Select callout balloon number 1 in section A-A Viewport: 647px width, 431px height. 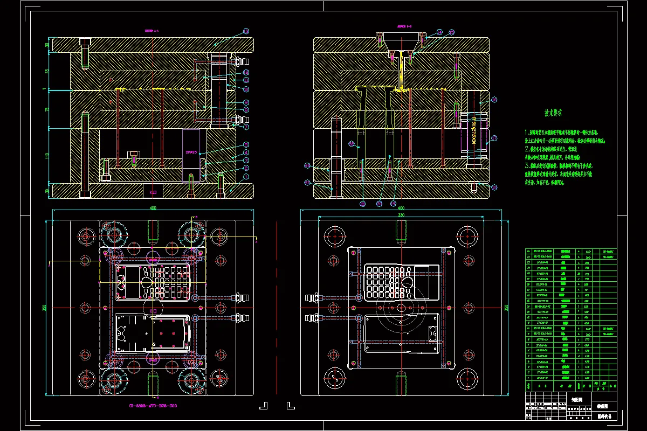[246, 176]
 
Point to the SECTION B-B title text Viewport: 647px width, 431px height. [404, 25]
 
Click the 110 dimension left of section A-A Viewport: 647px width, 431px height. [47, 156]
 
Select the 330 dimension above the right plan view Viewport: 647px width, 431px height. [401, 215]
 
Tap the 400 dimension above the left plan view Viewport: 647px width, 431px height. [153, 207]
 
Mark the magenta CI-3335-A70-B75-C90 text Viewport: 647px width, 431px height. [153, 406]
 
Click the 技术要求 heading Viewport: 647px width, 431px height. [553, 114]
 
